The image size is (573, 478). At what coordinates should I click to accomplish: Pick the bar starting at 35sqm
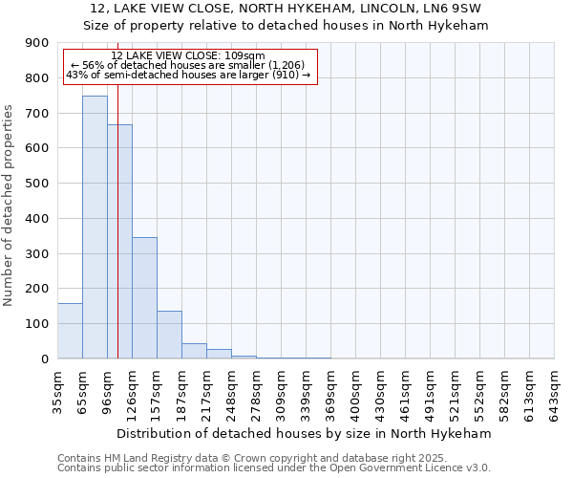click(x=70, y=331)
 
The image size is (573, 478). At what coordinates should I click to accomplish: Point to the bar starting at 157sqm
click(x=169, y=335)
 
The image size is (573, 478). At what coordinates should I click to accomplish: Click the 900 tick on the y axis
click(x=37, y=43)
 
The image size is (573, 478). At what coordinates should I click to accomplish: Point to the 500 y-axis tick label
click(x=37, y=184)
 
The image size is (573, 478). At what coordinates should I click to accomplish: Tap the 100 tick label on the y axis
click(x=37, y=324)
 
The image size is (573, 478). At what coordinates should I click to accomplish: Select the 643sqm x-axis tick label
click(x=554, y=393)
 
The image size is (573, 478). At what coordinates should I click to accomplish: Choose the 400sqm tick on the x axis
click(x=355, y=393)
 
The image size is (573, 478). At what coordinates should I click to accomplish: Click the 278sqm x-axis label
click(x=256, y=393)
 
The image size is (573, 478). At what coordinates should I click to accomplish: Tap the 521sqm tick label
click(x=455, y=393)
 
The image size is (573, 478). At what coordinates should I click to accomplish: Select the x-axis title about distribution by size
click(x=306, y=433)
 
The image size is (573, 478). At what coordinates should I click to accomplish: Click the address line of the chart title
click(x=286, y=9)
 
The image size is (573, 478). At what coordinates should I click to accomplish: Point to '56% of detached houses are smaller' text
click(x=188, y=65)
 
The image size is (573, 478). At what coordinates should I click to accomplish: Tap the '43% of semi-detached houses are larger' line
click(x=188, y=75)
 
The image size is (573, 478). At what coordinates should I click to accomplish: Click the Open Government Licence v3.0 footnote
click(x=273, y=467)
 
